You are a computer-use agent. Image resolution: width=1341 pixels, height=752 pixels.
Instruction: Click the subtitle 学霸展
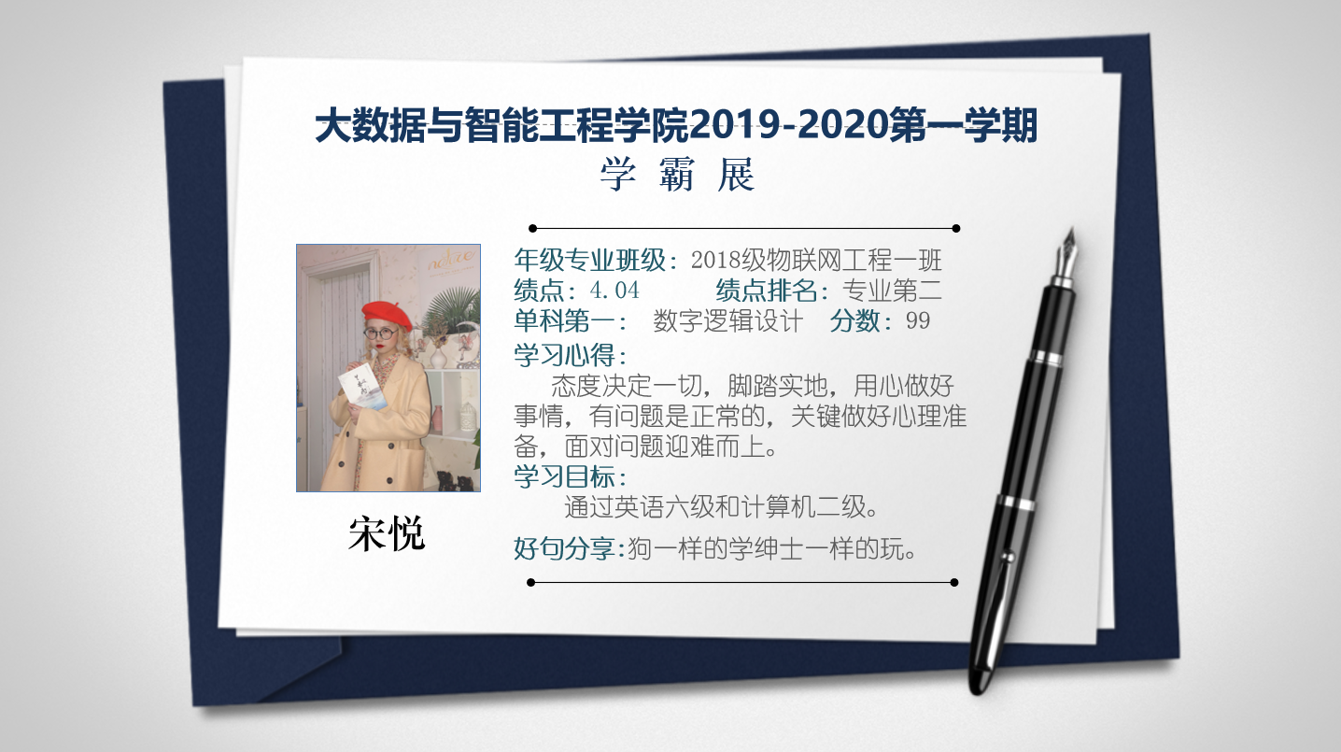[677, 175]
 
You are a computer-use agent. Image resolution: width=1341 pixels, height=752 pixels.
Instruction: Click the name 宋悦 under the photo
[387, 533]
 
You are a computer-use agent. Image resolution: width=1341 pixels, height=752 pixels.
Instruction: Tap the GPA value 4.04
[614, 291]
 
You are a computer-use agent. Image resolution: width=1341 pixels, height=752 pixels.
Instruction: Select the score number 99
[918, 321]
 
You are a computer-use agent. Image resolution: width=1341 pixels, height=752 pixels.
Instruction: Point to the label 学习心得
[565, 355]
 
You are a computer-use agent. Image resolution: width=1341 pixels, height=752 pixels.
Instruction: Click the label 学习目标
[565, 477]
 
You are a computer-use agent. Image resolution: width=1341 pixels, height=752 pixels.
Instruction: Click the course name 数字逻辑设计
[727, 321]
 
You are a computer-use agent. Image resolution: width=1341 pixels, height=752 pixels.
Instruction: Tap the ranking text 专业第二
[892, 291]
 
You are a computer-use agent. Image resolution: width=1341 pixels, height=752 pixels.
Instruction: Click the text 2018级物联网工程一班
[816, 260]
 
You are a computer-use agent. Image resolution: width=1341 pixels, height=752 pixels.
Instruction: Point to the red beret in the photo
[388, 316]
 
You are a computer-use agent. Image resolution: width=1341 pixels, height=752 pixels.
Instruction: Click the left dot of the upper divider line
[533, 228]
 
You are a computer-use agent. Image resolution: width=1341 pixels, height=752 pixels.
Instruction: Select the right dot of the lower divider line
[954, 583]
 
